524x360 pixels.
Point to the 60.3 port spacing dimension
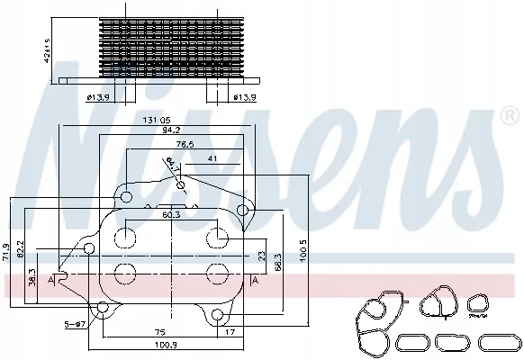pyautogui.click(x=171, y=216)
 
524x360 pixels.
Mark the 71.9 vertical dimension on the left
pyautogui.click(x=8, y=251)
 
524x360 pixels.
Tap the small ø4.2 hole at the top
pyautogui.click(x=182, y=186)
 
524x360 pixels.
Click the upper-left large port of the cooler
pyautogui.click(x=126, y=236)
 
